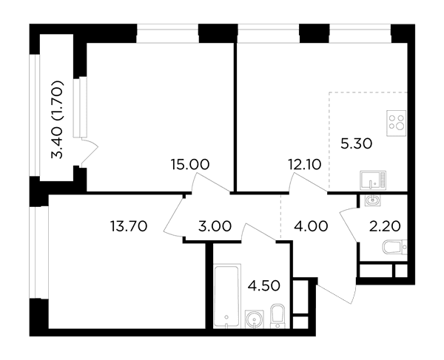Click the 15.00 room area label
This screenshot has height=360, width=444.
point(190,164)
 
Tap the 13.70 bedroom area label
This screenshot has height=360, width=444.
point(129,226)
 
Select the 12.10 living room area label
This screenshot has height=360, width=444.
point(305,164)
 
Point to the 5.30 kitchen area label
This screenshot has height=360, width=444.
point(356,144)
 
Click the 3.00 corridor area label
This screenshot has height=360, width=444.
point(215,226)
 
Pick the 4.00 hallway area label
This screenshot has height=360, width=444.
point(312,226)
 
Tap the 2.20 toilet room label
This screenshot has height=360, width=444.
point(385,226)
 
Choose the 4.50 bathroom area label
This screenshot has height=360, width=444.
point(264,285)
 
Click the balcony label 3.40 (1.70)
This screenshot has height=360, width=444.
point(57,120)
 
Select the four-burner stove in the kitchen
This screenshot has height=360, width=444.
point(397,123)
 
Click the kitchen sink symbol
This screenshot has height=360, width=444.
point(373,180)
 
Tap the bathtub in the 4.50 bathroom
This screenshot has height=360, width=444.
point(227,296)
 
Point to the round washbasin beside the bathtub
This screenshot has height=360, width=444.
point(255,319)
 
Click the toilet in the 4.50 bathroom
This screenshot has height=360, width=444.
point(277,316)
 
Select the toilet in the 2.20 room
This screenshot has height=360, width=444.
point(394,247)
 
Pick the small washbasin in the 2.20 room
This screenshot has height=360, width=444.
point(372,200)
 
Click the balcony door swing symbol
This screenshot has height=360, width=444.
point(89,152)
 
